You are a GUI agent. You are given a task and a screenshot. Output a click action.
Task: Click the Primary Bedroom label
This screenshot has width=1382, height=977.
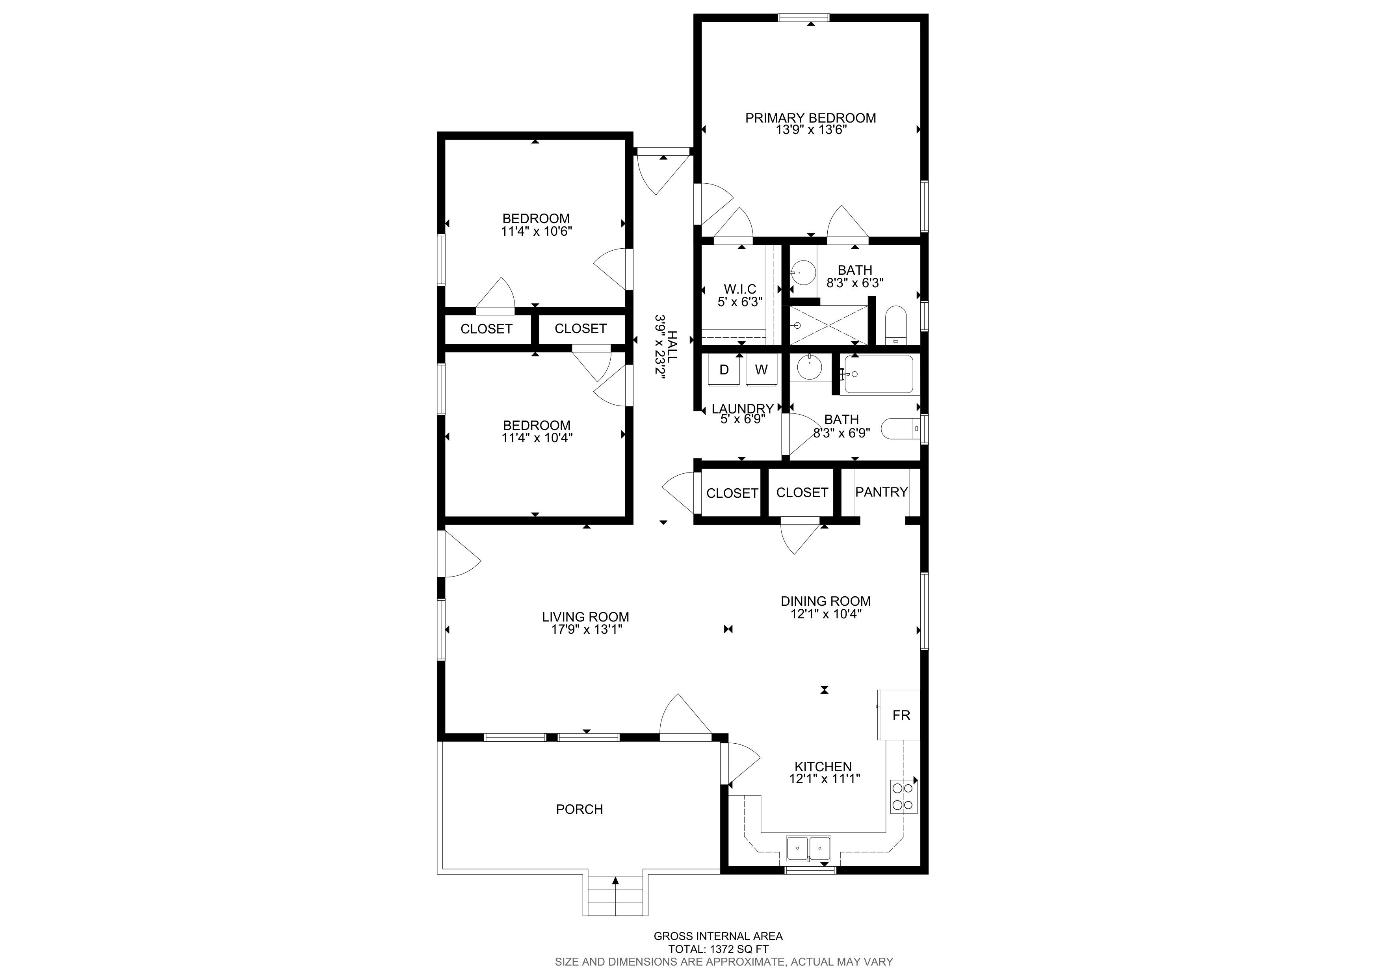[x=810, y=118]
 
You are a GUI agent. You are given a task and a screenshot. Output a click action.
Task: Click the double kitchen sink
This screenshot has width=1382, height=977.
[x=809, y=848]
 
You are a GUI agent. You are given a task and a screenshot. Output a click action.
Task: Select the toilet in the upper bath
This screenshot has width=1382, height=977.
[x=895, y=325]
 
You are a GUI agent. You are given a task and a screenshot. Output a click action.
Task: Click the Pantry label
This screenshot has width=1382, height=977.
[x=881, y=492]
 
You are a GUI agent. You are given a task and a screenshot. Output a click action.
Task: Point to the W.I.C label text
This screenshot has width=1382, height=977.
[x=740, y=289]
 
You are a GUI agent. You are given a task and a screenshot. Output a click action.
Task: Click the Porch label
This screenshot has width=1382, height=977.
[x=579, y=809]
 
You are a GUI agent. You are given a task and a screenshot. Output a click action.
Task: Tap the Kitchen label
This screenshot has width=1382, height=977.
[x=823, y=766]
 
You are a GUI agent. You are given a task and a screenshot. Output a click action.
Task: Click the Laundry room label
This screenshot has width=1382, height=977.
[x=743, y=409]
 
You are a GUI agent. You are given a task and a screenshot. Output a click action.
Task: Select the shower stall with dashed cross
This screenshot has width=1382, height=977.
[x=829, y=325]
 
